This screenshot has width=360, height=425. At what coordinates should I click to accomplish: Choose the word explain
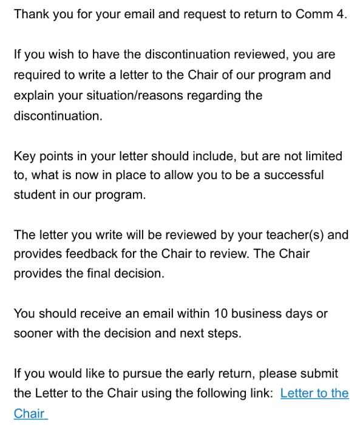coord(33,95)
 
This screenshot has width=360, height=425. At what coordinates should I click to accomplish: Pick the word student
coord(35,195)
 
